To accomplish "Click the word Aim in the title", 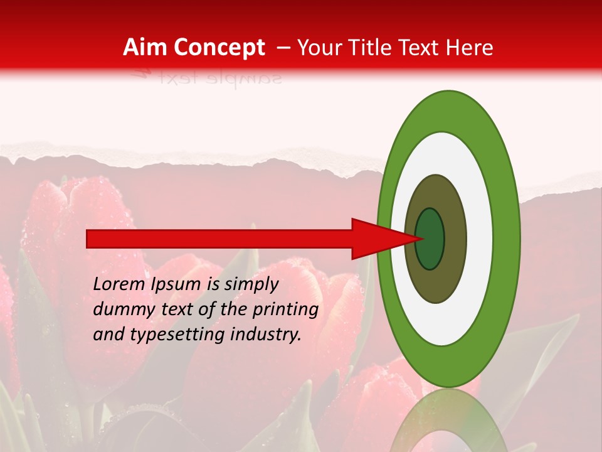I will pos(145,48).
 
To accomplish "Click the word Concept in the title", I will pos(219,48).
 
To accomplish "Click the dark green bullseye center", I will pos(430,239).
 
